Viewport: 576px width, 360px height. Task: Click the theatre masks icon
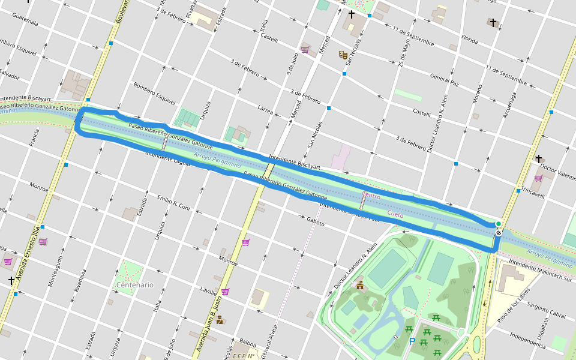tap(343, 55)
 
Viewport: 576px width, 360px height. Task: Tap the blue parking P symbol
tap(412, 341)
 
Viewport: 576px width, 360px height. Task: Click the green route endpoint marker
tap(498, 224)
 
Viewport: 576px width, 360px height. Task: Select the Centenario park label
tap(135, 284)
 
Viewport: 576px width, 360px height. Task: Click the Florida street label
tap(469, 41)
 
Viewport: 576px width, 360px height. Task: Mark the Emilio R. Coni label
tap(173, 203)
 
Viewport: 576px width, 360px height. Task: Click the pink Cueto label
tap(395, 214)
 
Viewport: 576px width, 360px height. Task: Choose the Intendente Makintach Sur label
tap(539, 268)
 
